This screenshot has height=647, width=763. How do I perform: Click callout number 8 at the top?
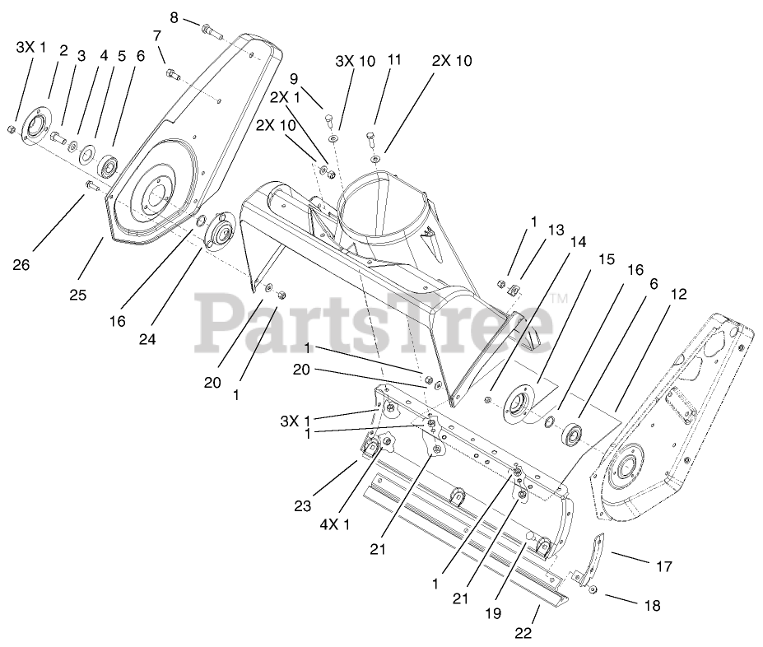(174, 17)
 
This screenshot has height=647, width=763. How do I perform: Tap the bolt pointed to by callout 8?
(212, 32)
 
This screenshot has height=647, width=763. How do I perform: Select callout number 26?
(21, 264)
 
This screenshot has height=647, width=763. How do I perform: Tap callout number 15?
(606, 259)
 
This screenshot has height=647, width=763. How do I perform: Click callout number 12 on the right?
(679, 294)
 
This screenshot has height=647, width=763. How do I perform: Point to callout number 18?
(651, 606)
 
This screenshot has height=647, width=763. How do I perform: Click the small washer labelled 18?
(593, 592)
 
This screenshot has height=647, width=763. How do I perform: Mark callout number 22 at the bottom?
(523, 632)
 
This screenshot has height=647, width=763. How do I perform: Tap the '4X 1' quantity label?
(335, 524)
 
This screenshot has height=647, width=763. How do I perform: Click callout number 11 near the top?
(394, 59)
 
